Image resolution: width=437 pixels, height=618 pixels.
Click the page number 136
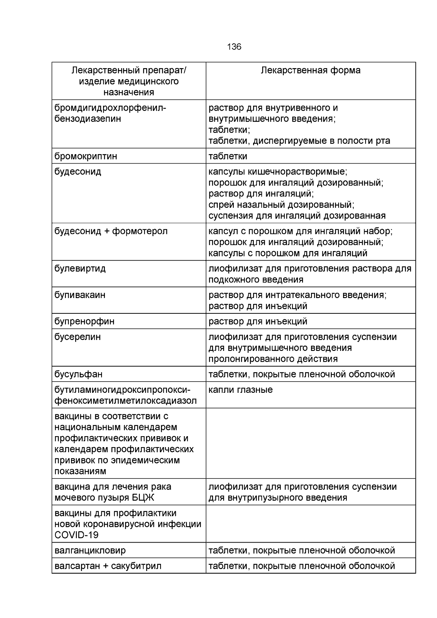[234, 47]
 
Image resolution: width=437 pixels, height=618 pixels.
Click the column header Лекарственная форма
[311, 70]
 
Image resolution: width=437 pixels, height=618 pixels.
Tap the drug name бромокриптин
[86, 156]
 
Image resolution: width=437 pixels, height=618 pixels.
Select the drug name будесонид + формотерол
[111, 231]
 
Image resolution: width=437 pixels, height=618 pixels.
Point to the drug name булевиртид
[80, 269]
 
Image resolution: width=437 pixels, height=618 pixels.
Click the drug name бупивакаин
[80, 295]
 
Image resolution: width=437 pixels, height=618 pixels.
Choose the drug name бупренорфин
[84, 321]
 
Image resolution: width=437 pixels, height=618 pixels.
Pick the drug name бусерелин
[77, 337]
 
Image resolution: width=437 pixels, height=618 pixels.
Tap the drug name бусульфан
[78, 374]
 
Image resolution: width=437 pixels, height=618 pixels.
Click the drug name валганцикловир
[90, 550]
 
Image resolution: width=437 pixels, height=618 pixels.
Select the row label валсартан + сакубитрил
[108, 566]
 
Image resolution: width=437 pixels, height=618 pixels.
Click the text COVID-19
[76, 535]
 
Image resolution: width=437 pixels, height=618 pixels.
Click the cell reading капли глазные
[240, 390]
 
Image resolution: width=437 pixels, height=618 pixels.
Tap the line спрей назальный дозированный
[281, 204]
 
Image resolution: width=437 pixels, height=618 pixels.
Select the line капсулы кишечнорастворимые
[278, 172]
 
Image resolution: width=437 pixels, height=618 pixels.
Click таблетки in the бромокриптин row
[228, 156]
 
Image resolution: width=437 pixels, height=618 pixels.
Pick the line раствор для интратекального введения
[297, 295]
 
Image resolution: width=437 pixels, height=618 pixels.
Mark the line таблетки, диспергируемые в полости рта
[299, 141]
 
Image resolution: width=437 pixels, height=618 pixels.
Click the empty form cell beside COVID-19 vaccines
[311, 524]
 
